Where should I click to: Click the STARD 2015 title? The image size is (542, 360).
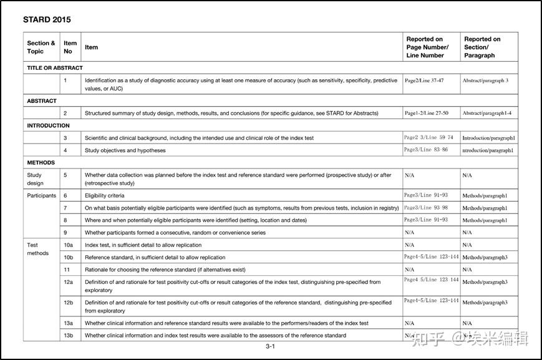pyautogui.click(x=47, y=19)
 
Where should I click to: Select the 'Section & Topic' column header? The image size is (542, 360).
pyautogui.click(x=41, y=47)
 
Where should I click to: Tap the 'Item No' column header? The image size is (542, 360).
pyautogui.click(x=70, y=47)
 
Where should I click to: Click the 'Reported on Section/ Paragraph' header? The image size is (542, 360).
pyautogui.click(x=482, y=47)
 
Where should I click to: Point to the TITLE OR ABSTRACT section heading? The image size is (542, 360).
pyautogui.click(x=55, y=67)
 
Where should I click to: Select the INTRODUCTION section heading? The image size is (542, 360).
pyautogui.click(x=49, y=125)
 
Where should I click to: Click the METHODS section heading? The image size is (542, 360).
pyautogui.click(x=41, y=162)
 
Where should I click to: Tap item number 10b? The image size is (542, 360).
pyautogui.click(x=69, y=257)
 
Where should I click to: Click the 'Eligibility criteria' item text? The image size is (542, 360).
pyautogui.click(x=105, y=195)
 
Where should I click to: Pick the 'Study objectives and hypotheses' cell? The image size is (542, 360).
pyautogui.click(x=125, y=150)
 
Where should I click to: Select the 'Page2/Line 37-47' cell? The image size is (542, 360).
pyautogui.click(x=424, y=80)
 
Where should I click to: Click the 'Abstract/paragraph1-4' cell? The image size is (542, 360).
pyautogui.click(x=488, y=114)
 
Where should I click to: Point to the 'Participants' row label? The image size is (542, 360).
pyautogui.click(x=41, y=195)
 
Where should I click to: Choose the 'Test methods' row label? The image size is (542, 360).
pyautogui.click(x=37, y=249)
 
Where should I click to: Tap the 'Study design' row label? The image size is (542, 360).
pyautogui.click(x=35, y=179)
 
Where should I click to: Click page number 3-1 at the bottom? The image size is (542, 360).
pyautogui.click(x=271, y=347)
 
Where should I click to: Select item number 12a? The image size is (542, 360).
pyautogui.click(x=69, y=282)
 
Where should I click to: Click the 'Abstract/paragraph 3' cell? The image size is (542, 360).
pyautogui.click(x=485, y=80)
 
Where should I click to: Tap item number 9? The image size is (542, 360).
pyautogui.click(x=65, y=233)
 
